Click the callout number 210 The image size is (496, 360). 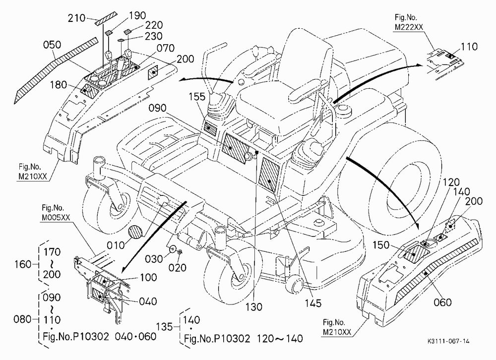coord(76,18)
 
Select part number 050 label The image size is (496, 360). coord(52,45)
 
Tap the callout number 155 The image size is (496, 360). coord(197,97)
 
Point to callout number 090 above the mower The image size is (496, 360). coord(158,108)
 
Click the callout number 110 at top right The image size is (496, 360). coord(469,47)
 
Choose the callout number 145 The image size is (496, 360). coord(313,303)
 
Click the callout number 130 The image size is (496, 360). coord(254,306)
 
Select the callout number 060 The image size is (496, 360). coord(442,302)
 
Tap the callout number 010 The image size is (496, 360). coord(116,245)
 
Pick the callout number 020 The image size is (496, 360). coord(177,268)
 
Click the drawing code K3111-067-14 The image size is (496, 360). coord(448,341)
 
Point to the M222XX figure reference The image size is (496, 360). coord(409,27)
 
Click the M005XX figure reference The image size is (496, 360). coord(56,218)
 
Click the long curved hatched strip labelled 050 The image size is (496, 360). coord(56,70)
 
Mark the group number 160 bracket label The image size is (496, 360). coord(23,264)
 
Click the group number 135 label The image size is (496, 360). coord(165,326)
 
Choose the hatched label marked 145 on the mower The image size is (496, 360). coord(269,175)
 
